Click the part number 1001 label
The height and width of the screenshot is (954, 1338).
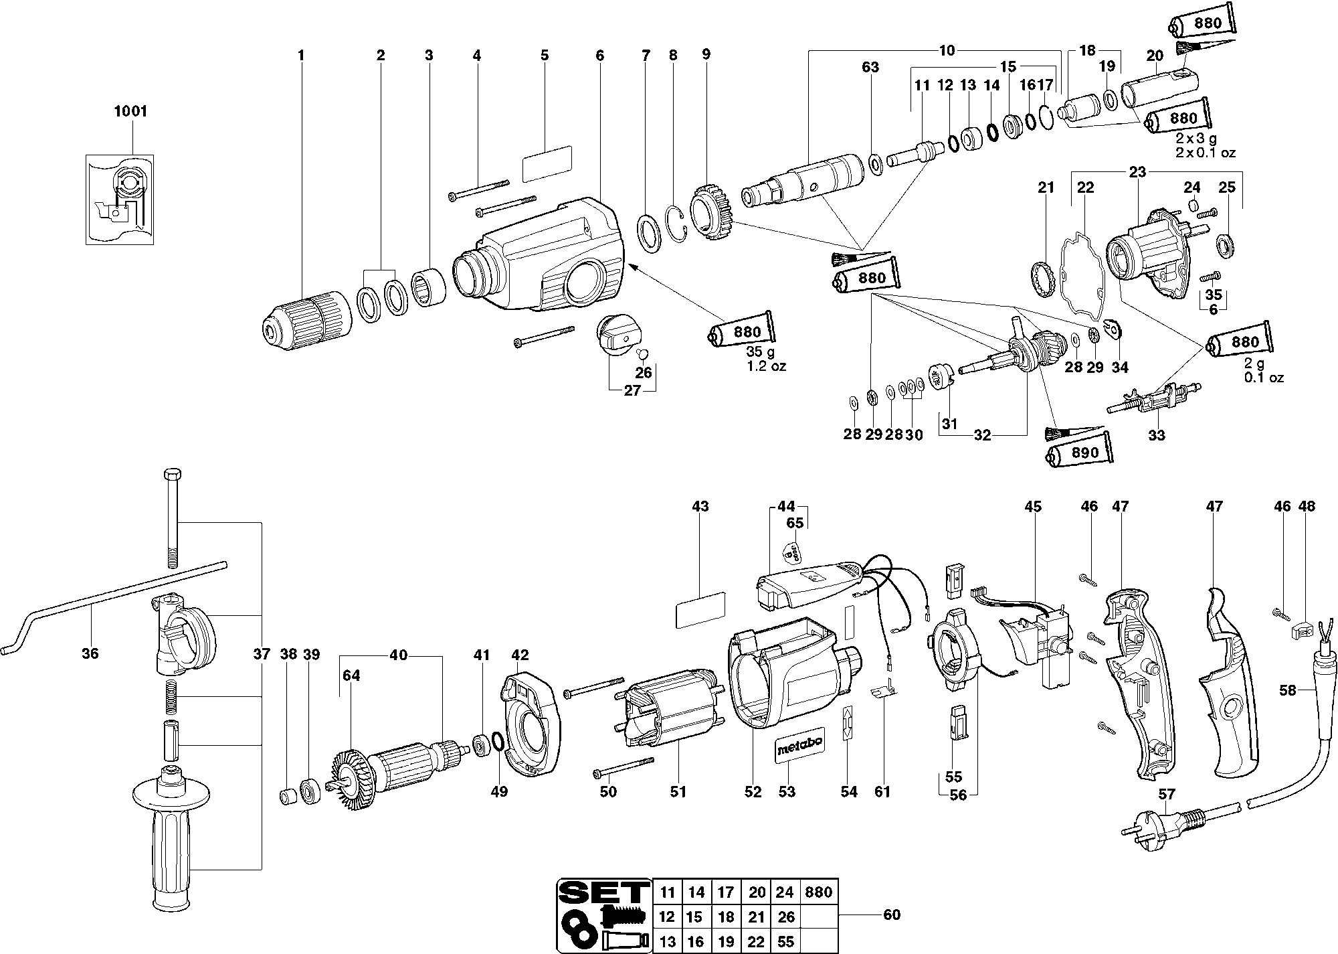point(130,111)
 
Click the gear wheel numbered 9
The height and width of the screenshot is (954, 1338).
point(712,216)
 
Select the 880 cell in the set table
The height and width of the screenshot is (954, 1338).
point(819,892)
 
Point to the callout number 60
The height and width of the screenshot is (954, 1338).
point(892,915)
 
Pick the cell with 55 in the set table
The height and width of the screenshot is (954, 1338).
point(785,942)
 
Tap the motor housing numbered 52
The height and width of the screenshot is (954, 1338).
point(783,676)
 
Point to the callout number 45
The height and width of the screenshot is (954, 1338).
point(1033,507)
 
